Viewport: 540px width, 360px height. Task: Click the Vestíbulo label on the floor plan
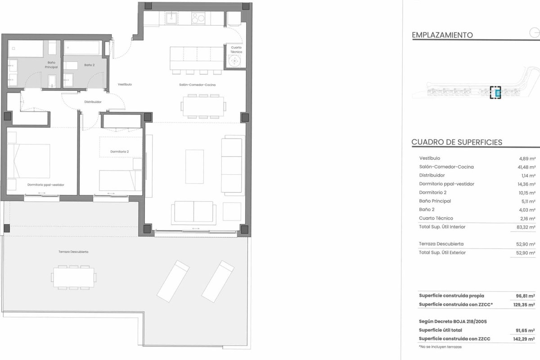tap(125, 85)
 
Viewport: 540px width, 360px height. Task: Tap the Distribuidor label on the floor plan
tap(93, 102)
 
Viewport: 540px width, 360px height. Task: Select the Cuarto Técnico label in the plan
tap(236, 49)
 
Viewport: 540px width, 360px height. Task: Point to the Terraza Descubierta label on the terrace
tap(73, 252)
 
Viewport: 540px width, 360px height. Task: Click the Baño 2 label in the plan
tap(90, 65)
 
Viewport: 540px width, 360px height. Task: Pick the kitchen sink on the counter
tap(171, 18)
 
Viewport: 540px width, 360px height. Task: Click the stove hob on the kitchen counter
tap(198, 18)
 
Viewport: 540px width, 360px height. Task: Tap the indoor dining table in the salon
tap(203, 106)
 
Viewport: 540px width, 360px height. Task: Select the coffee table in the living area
tap(194, 166)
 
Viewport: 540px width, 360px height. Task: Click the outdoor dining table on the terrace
tap(73, 277)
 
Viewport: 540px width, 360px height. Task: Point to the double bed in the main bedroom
tap(28, 161)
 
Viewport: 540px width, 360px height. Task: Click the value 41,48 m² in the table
tap(527, 167)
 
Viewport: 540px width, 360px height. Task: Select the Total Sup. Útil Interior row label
tap(442, 227)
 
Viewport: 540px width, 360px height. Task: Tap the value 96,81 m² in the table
tap(526, 296)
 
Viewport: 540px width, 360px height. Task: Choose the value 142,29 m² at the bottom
tap(524, 339)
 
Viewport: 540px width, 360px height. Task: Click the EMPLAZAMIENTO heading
tap(442, 35)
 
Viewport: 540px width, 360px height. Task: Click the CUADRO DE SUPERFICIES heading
tap(457, 142)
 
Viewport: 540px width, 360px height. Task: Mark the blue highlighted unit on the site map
tap(497, 93)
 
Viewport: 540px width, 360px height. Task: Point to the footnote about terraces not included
tap(440, 347)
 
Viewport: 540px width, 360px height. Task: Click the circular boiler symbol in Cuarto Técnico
tap(234, 61)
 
